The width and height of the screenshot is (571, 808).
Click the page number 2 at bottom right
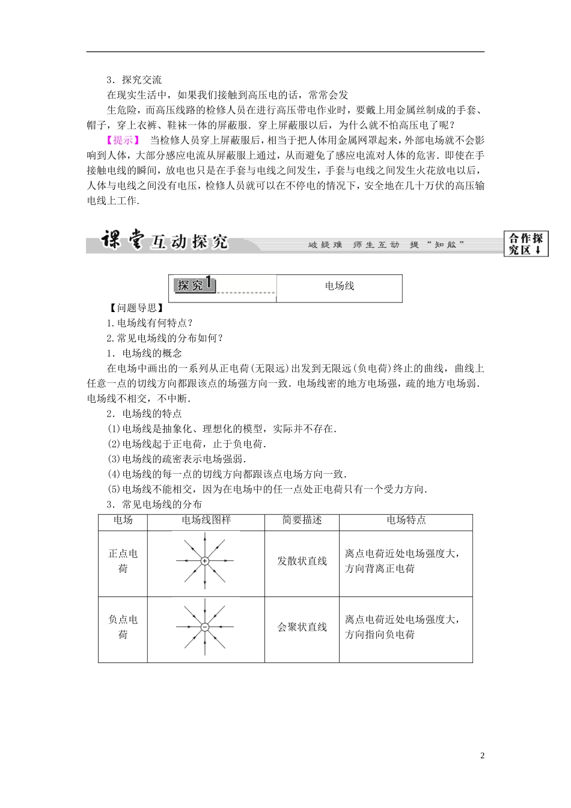tap(482, 755)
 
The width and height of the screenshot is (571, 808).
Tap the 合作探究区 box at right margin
tap(526, 243)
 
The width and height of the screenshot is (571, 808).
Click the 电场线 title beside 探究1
tap(339, 286)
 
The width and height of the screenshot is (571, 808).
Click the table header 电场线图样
tap(206, 520)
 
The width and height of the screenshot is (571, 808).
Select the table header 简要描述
tap(302, 520)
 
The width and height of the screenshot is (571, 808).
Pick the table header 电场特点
tap(406, 520)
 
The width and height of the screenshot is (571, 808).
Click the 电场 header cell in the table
tap(123, 520)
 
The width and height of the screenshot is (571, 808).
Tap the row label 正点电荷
tap(123, 560)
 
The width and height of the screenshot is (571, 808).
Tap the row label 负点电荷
tap(123, 626)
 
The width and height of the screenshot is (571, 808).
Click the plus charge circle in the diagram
tap(204, 561)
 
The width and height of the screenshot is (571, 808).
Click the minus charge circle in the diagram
tap(204, 627)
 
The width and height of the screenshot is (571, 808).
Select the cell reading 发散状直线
tap(302, 561)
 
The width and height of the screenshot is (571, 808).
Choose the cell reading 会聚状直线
tap(302, 627)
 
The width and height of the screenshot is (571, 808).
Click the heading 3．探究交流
tap(134, 79)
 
